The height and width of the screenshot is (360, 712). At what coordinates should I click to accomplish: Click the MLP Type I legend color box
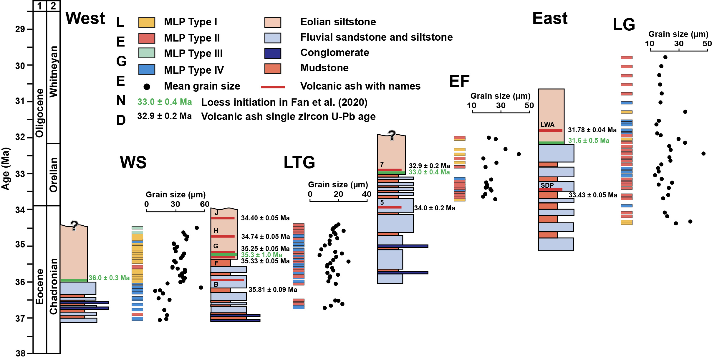click(147, 22)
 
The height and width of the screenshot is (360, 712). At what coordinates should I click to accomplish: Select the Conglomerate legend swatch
click(272, 53)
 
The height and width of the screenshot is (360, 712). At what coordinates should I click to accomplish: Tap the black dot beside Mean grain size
click(147, 87)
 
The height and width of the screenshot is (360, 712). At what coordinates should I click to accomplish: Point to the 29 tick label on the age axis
click(20, 29)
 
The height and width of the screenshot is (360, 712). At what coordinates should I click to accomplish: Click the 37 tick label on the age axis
click(20, 318)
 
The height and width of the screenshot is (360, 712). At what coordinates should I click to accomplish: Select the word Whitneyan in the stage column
click(53, 71)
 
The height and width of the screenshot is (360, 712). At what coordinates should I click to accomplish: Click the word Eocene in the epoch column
click(39, 286)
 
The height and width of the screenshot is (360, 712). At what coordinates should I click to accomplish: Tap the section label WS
click(133, 162)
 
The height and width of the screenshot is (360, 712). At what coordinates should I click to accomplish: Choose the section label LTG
click(299, 162)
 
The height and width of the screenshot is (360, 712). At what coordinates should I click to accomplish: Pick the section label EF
click(459, 81)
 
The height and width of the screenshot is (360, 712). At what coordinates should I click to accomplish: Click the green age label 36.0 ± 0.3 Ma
click(109, 278)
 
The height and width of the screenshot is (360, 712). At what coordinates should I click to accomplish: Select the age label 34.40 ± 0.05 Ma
click(265, 218)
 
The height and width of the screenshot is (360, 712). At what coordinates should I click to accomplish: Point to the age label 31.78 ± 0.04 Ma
click(592, 130)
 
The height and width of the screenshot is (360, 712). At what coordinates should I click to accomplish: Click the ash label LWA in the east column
click(547, 125)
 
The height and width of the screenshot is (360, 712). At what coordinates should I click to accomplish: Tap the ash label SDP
click(547, 185)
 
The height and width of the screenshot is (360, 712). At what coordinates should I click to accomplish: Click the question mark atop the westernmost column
click(74, 226)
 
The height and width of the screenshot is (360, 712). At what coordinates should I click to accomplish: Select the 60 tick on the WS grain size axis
click(205, 204)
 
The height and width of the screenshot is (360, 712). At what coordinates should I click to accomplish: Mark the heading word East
click(550, 18)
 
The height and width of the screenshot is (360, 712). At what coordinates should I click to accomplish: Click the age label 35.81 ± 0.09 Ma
click(273, 290)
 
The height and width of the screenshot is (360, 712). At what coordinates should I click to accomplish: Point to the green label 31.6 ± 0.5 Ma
click(588, 141)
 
